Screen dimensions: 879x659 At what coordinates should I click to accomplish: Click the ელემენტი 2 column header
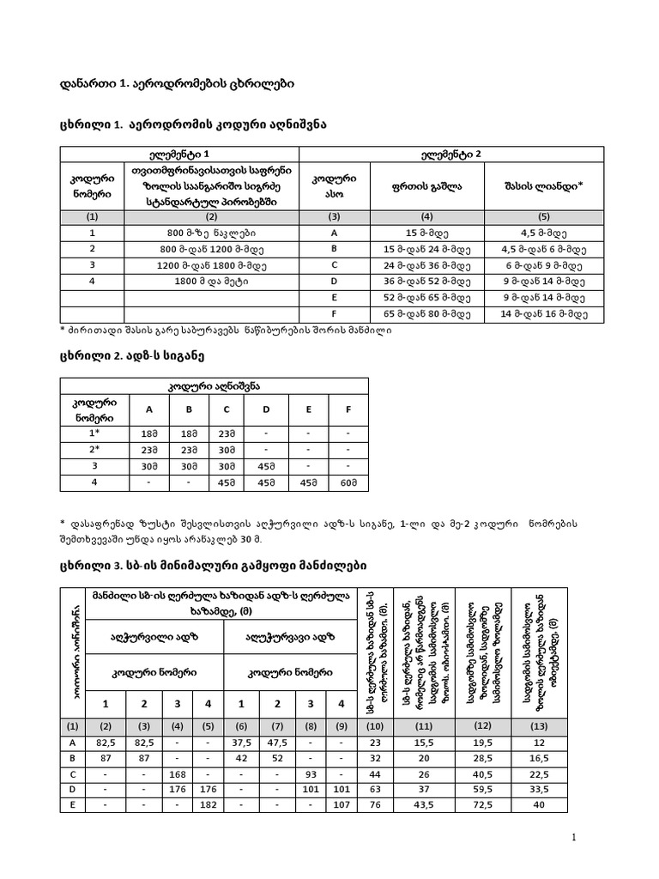pos(451,154)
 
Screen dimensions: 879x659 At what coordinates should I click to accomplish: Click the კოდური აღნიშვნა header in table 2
pos(214,386)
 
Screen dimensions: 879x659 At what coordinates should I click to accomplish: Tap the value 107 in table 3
pos(342,804)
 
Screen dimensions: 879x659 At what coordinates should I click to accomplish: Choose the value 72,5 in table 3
pos(481,804)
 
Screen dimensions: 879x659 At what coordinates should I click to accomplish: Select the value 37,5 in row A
pos(242,743)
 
